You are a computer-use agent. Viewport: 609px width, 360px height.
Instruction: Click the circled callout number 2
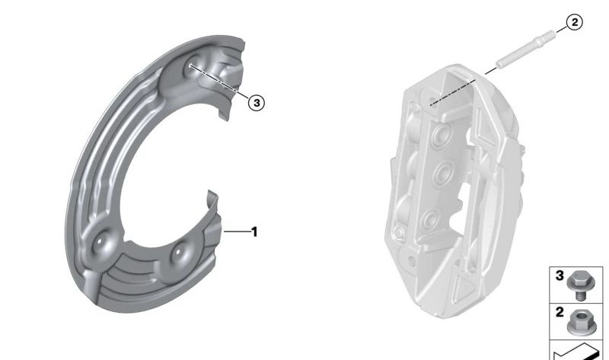(x=575, y=22)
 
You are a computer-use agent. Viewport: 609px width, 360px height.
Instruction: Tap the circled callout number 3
(x=257, y=103)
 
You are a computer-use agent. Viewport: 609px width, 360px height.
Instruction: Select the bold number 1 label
(x=254, y=232)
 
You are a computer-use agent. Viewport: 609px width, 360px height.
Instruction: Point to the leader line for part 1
(x=238, y=232)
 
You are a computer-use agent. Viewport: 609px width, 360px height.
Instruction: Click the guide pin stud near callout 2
(x=525, y=49)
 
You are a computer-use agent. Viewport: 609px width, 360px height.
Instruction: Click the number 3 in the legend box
(x=560, y=276)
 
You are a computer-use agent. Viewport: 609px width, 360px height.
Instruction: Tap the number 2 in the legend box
(x=560, y=312)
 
